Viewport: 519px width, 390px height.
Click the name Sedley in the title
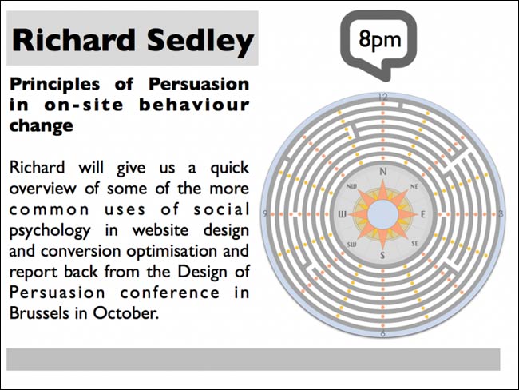pos(200,41)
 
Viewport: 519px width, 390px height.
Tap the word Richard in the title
pos(73,40)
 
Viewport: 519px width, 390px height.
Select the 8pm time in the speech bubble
pos(379,40)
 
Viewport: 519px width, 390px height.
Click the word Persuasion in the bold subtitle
pos(199,84)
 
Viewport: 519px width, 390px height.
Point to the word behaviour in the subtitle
pos(194,105)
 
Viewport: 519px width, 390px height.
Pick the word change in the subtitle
pos(42,126)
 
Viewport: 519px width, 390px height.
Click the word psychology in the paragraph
pos(50,231)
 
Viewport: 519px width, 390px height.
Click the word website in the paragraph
pos(160,230)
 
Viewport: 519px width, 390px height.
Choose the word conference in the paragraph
pos(170,292)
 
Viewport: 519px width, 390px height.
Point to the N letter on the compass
pos(383,172)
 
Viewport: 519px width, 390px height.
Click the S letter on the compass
pos(383,255)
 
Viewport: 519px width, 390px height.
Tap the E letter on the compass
pos(422,214)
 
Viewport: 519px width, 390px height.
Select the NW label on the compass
pos(351,186)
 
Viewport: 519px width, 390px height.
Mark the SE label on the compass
pos(414,244)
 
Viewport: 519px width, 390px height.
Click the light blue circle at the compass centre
pos(383,214)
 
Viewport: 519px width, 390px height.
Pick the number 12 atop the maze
pos(383,97)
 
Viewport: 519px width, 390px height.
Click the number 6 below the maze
pos(383,333)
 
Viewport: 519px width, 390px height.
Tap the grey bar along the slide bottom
pos(253,359)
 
